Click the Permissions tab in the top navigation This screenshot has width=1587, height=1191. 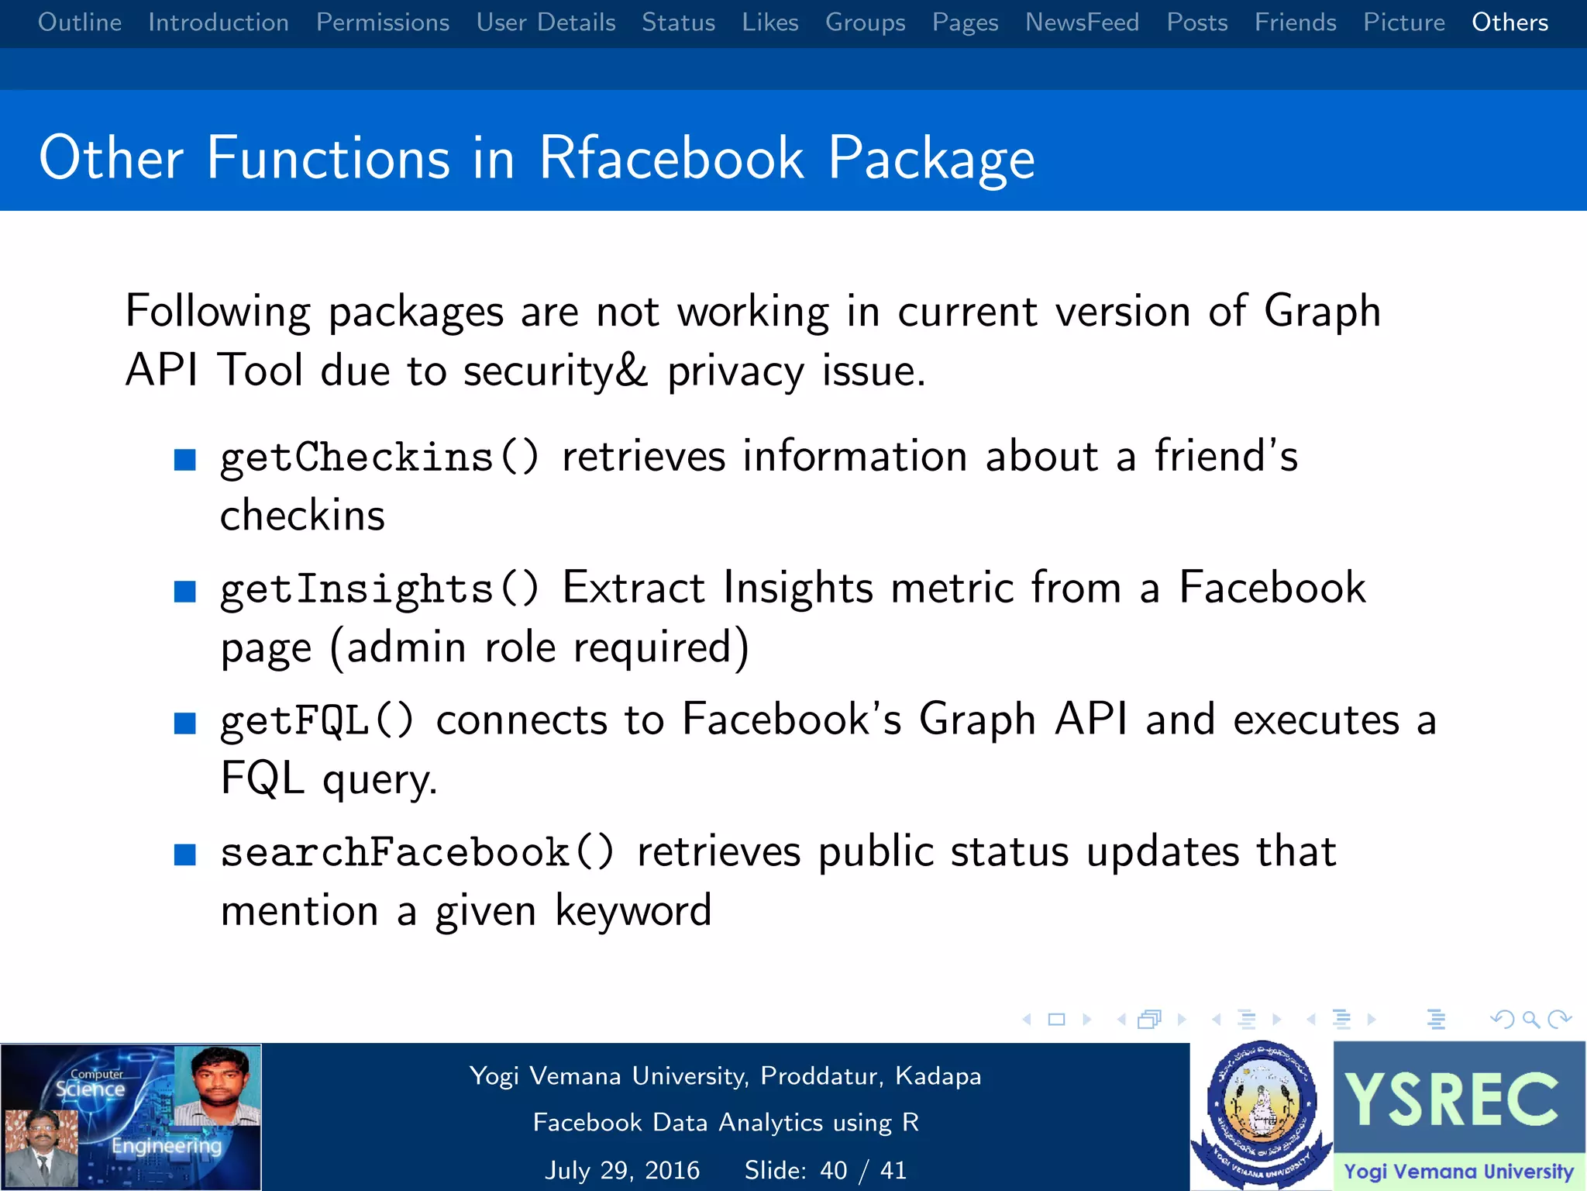(x=382, y=22)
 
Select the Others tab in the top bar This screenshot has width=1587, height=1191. (x=1510, y=22)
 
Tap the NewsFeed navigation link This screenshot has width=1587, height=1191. (x=1082, y=22)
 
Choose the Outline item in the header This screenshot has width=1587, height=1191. (x=80, y=22)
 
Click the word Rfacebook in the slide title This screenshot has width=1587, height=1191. (x=671, y=158)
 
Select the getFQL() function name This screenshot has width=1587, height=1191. (x=317, y=720)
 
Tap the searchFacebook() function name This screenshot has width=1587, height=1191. (x=417, y=852)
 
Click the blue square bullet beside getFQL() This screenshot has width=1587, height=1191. (x=185, y=723)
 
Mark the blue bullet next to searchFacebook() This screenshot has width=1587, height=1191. (x=185, y=855)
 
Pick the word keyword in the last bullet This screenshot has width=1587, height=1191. (x=633, y=911)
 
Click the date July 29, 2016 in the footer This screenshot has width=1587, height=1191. (x=622, y=1170)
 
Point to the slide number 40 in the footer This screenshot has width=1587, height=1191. (x=834, y=1170)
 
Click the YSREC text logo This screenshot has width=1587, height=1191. (x=1451, y=1100)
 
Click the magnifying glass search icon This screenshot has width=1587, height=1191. (x=1530, y=1019)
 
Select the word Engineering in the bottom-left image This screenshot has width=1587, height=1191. (x=167, y=1145)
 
